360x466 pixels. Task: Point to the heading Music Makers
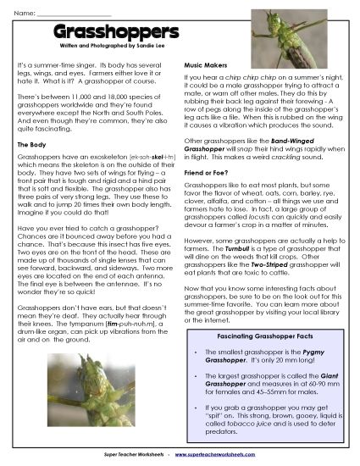(208, 65)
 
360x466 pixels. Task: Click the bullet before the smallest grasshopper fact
(197, 352)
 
